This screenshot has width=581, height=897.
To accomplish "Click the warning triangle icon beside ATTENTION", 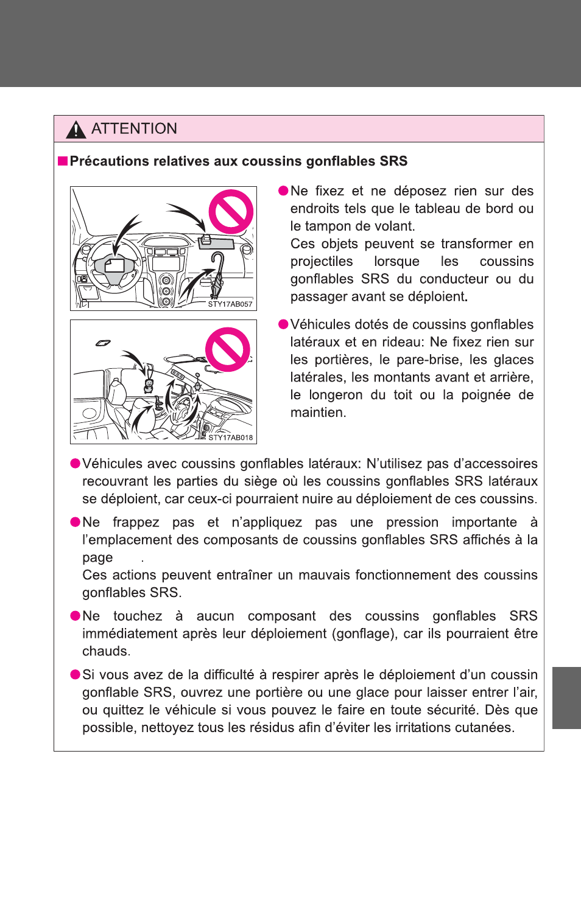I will tap(76, 129).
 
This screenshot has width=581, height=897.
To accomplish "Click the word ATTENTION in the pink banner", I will tap(134, 129).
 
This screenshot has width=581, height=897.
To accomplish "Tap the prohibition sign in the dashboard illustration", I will tap(231, 212).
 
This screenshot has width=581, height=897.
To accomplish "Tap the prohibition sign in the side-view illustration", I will tap(228, 350).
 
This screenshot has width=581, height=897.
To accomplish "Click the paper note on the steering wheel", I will tap(114, 265).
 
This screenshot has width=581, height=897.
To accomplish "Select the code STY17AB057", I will tap(230, 304).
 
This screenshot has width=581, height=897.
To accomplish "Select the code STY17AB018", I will tap(230, 438).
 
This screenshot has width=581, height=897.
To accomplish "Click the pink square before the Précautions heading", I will tap(63, 161).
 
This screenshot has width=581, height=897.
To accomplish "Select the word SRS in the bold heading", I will tap(393, 161).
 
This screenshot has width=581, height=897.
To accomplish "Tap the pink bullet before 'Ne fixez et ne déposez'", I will tap(283, 191).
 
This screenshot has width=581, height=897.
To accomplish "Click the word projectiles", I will tap(322, 262).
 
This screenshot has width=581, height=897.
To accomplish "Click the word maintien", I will tap(317, 413).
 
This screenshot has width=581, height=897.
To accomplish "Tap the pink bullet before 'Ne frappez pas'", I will tap(76, 523).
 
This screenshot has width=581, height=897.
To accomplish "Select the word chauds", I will tap(105, 652).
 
